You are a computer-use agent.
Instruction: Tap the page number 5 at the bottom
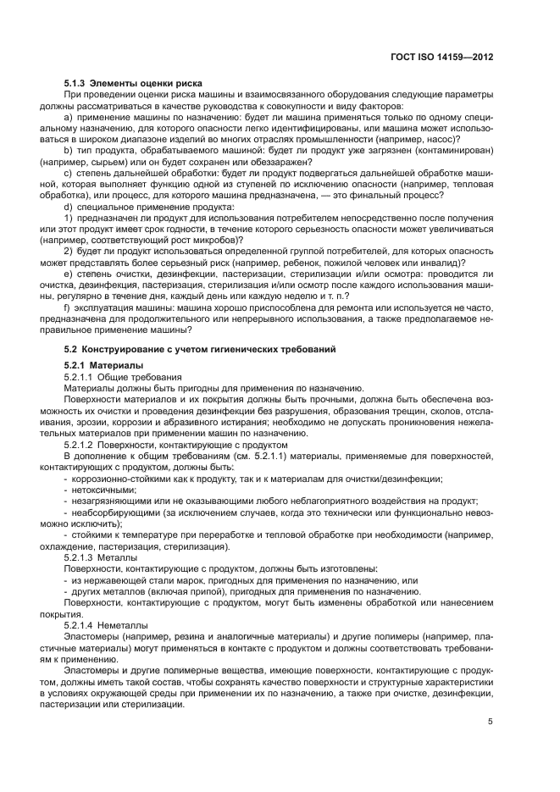[x=491, y=722]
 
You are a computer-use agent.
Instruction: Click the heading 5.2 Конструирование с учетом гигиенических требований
[x=200, y=350]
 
